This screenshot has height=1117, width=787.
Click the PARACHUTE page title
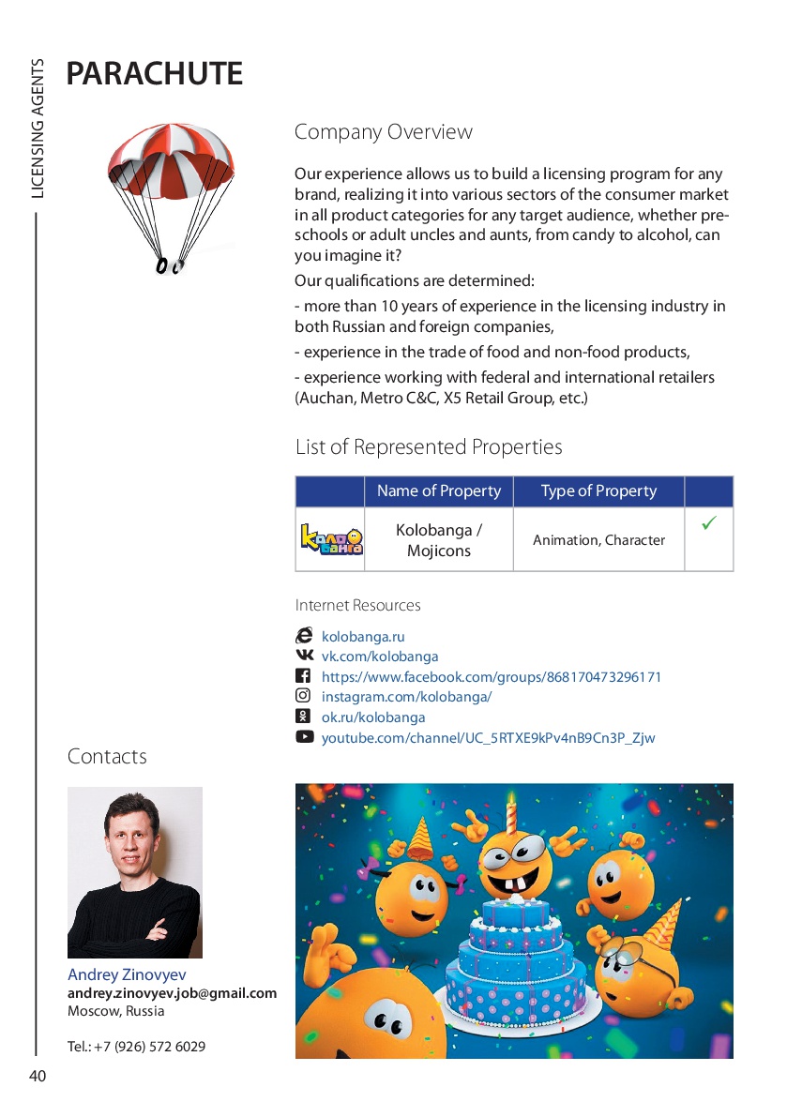point(155,73)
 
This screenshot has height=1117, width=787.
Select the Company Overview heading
point(383,132)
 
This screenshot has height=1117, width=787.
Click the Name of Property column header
point(438,491)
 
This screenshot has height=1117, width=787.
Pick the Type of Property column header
point(598,491)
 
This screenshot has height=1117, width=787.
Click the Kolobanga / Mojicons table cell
point(438,540)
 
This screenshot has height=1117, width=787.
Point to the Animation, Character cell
point(598,540)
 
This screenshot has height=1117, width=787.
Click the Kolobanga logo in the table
point(330,539)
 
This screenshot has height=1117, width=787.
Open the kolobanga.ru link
point(363,637)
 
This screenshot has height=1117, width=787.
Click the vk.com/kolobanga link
point(380,657)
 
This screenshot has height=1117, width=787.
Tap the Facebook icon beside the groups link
point(303,676)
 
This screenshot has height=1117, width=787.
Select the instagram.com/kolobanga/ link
point(406,697)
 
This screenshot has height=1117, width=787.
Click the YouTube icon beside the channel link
point(304,737)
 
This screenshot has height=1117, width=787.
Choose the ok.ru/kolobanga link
point(373,717)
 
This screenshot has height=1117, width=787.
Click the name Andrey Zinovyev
point(127,975)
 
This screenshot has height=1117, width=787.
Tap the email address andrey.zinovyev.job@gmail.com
point(172,993)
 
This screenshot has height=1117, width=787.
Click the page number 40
point(38,1077)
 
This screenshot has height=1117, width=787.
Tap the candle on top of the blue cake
point(511,814)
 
